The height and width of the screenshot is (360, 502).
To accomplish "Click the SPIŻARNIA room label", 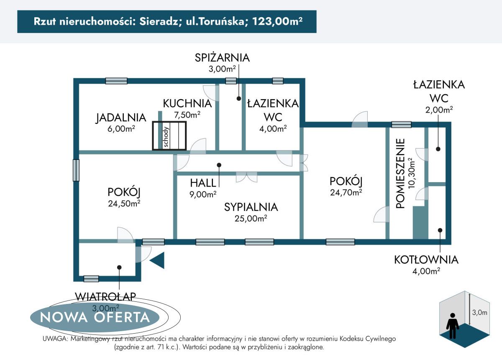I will pyautogui.click(x=222, y=58).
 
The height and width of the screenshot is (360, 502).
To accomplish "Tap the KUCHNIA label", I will pyautogui.click(x=187, y=103).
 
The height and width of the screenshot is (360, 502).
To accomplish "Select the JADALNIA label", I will pyautogui.click(x=121, y=118).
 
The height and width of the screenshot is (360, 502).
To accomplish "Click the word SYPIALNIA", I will pyautogui.click(x=251, y=207).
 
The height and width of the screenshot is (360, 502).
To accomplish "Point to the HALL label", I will pyautogui.click(x=203, y=183).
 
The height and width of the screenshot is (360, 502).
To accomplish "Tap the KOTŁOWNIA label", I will pyautogui.click(x=426, y=260).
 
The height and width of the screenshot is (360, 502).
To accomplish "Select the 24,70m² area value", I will pyautogui.click(x=346, y=193).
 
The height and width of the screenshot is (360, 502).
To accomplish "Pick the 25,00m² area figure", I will pyautogui.click(x=251, y=218).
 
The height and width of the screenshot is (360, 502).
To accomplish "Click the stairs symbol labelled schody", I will pyautogui.click(x=169, y=135).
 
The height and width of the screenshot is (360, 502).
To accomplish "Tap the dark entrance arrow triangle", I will pyautogui.click(x=158, y=260).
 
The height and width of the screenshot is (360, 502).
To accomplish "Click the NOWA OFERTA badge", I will pyautogui.click(x=95, y=317).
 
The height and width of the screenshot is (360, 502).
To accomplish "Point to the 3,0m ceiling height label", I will pyautogui.click(x=480, y=312).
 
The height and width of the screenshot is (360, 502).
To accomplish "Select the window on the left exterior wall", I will pyautogui.click(x=76, y=170).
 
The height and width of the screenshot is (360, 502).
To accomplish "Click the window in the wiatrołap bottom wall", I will pyautogui.click(x=91, y=278).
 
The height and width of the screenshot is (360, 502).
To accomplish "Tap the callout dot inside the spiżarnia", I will pyautogui.click(x=238, y=99).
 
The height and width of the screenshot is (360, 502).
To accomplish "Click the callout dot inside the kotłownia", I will pyautogui.click(x=440, y=229).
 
